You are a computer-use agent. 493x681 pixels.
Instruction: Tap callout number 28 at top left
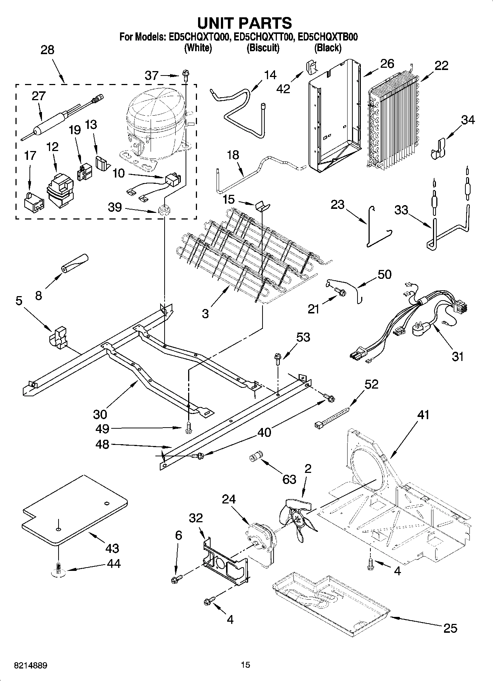[47, 50]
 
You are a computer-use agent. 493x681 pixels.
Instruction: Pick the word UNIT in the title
[217, 23]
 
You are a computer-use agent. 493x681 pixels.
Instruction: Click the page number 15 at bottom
[245, 665]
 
